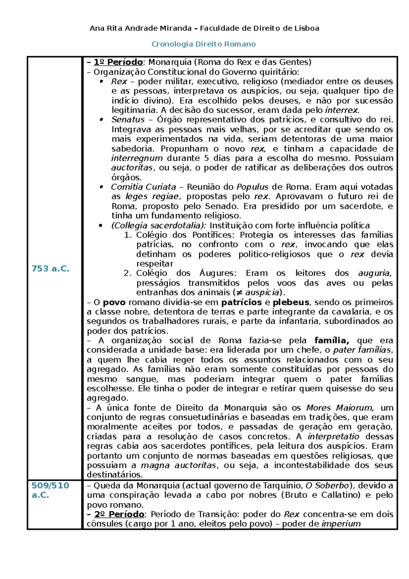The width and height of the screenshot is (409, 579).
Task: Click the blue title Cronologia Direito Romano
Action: (203, 44)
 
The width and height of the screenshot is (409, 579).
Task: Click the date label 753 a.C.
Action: (50, 269)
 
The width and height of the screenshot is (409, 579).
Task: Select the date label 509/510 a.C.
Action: (50, 490)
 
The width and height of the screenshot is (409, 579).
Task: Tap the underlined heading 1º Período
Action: (118, 62)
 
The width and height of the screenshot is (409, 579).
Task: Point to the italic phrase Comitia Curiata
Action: (143, 187)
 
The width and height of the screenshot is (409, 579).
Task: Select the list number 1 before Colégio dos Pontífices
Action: (127, 235)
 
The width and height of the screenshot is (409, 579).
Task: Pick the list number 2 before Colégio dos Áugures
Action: (127, 273)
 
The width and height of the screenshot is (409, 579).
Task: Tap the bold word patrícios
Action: (241, 302)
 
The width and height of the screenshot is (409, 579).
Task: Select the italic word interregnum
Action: (137, 158)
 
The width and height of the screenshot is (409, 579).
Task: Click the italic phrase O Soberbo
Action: (327, 486)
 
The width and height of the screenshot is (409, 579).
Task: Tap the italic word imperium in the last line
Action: (341, 524)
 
